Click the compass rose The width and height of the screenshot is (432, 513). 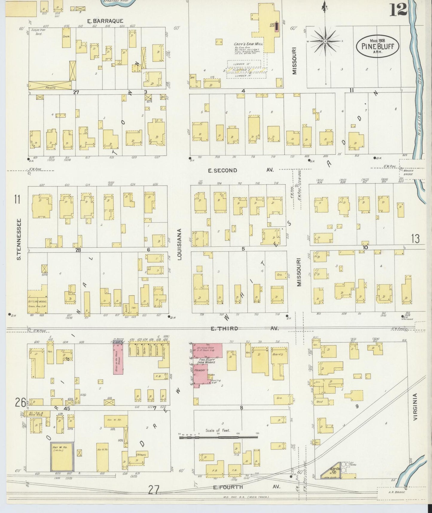tap(325, 41)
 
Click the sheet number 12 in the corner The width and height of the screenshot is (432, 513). tap(399, 10)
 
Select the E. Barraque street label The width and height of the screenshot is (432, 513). tap(105, 21)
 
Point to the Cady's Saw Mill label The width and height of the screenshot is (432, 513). tap(248, 44)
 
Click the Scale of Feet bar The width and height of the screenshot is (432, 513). tap(218, 437)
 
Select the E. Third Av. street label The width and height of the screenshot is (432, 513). tap(244, 329)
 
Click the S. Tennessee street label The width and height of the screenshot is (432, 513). tap(19, 239)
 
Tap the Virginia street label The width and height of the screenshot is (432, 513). tap(416, 407)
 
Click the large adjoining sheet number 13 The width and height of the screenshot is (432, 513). tap(415, 239)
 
